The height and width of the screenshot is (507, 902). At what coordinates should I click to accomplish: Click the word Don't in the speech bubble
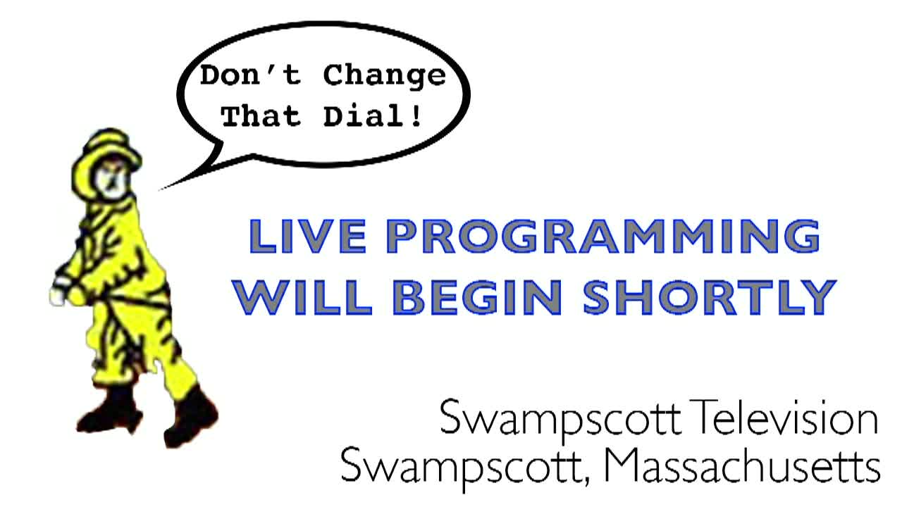(250, 75)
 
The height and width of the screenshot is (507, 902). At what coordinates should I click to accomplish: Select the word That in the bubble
(261, 116)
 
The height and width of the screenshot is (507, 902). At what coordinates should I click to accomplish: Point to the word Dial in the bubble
(363, 116)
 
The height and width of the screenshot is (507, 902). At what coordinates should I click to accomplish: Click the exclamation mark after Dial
(415, 116)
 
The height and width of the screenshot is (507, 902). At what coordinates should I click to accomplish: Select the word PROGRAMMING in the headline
(603, 237)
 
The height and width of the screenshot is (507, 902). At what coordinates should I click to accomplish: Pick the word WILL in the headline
(302, 297)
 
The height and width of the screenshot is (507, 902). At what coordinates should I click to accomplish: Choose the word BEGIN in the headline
(477, 297)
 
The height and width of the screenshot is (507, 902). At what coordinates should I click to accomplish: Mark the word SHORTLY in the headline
(710, 297)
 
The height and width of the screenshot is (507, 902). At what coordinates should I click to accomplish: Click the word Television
(782, 417)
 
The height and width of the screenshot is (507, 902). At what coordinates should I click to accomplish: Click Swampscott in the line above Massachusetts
(560, 421)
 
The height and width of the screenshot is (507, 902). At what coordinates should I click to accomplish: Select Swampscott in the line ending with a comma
(462, 469)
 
